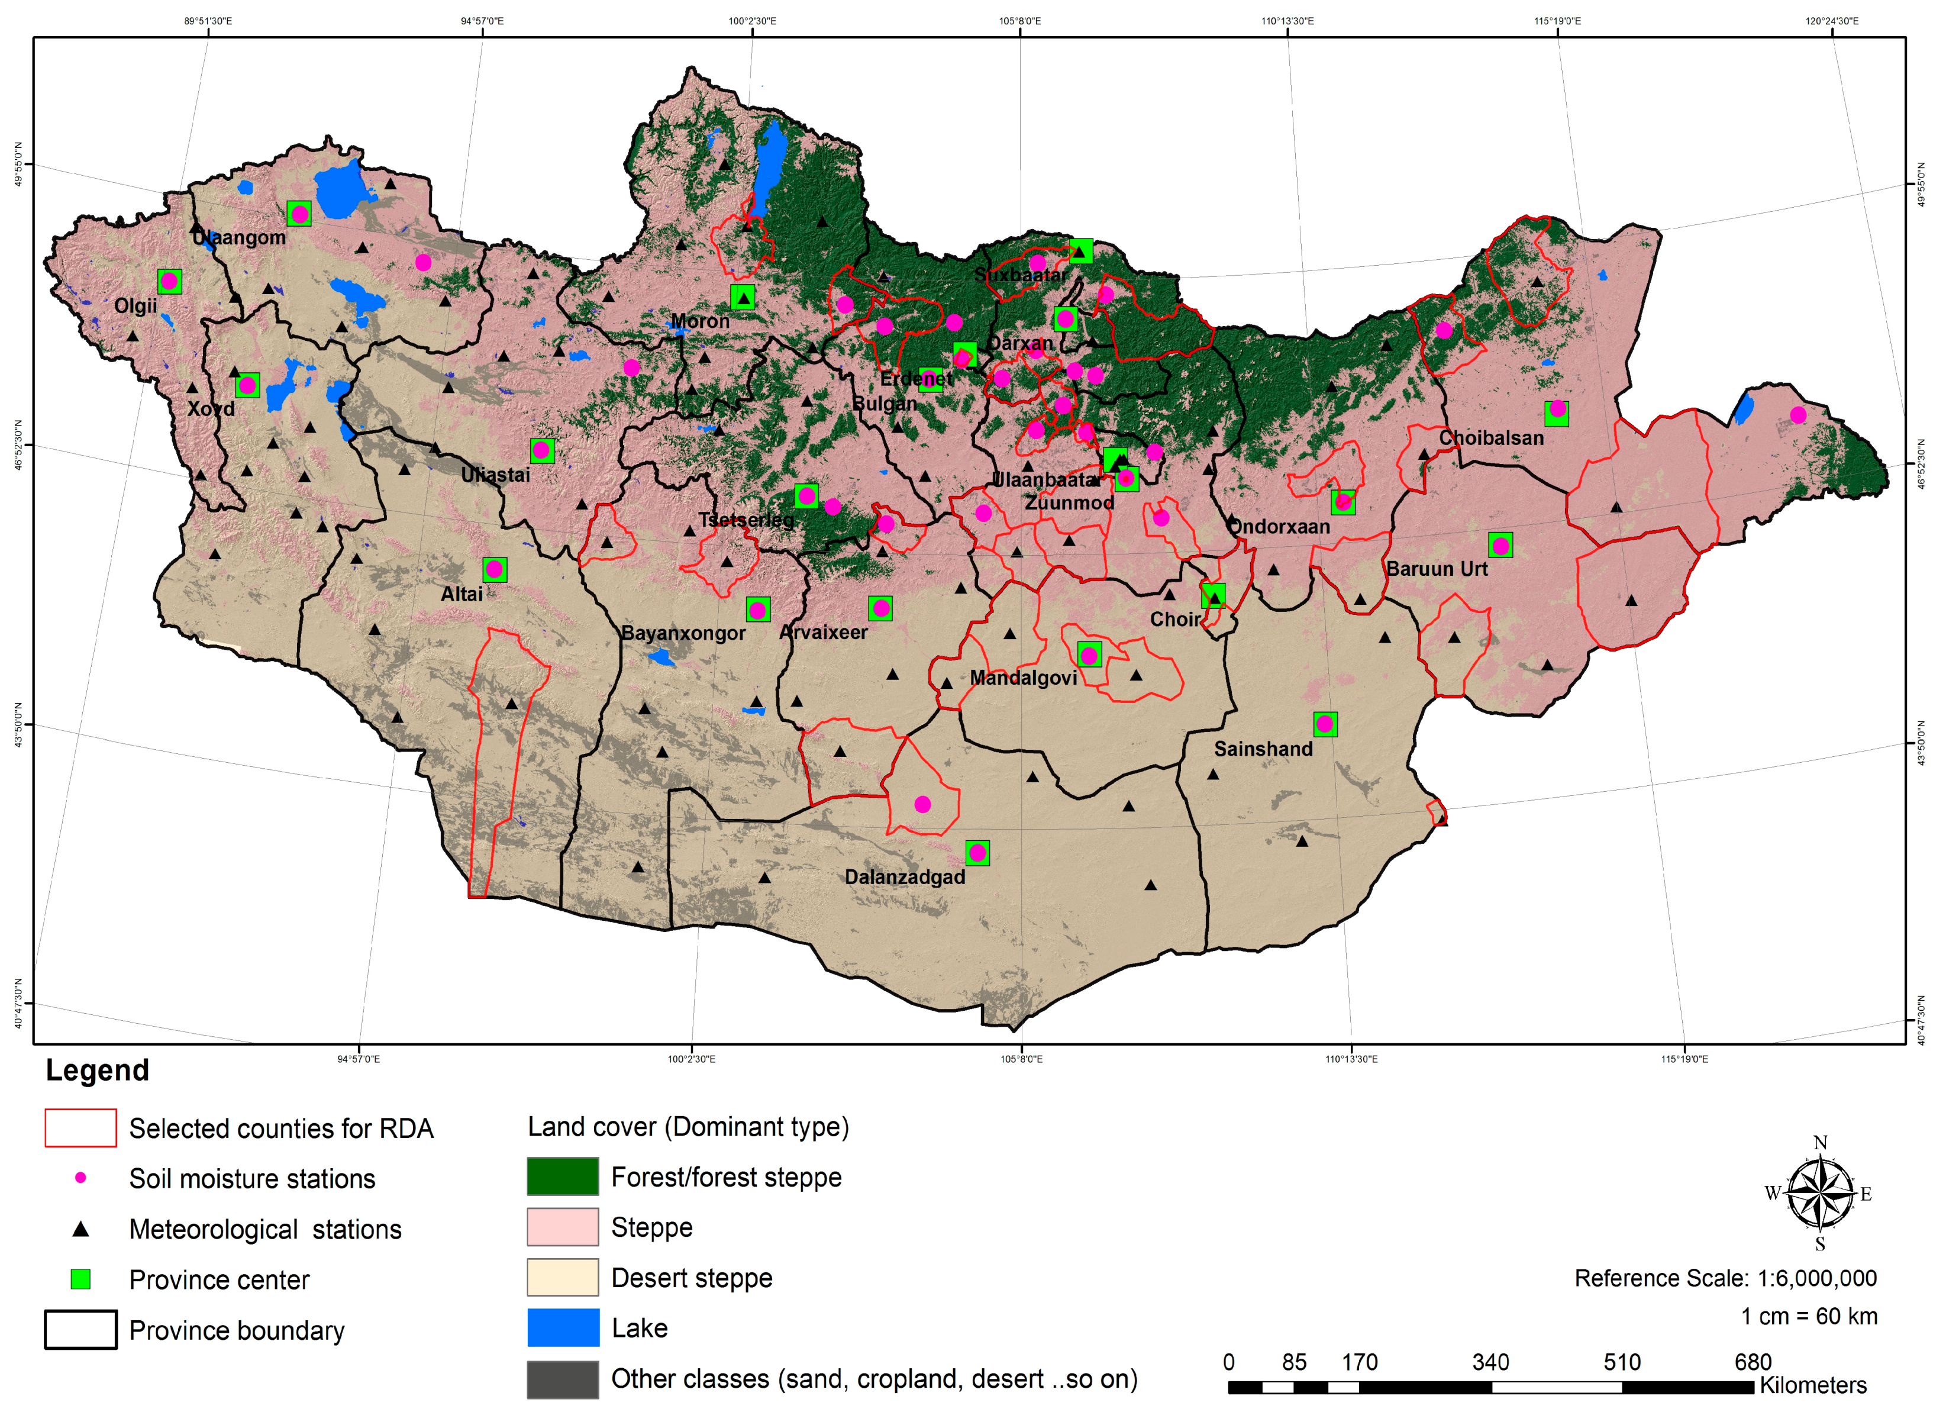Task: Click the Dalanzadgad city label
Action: coord(905,877)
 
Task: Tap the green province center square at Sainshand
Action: coord(1325,724)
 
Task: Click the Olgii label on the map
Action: coord(135,306)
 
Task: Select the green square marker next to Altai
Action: coord(494,569)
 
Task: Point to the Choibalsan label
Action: coord(1491,438)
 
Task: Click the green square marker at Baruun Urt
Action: coord(1500,545)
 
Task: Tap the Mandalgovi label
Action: coord(1024,678)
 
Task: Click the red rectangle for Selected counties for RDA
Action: coord(80,1129)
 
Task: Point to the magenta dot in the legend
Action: coord(80,1178)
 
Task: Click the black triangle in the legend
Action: coord(80,1229)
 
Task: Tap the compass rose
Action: coord(1819,1194)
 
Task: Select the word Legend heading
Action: coord(98,1071)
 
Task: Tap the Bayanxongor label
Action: coord(683,633)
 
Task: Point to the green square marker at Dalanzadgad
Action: coord(977,853)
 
